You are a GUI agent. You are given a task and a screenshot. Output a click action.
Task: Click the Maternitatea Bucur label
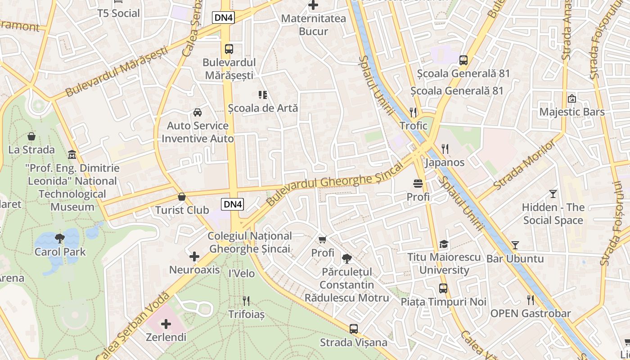point(313,25)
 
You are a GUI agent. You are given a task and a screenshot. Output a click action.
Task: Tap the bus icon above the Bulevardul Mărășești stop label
point(229,49)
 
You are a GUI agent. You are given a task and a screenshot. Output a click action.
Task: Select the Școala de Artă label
point(263,108)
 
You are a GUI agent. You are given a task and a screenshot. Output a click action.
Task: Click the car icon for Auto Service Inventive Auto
point(198,112)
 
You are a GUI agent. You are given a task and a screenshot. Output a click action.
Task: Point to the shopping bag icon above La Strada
point(31,136)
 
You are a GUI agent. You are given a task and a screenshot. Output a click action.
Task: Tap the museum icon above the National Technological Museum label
point(72,155)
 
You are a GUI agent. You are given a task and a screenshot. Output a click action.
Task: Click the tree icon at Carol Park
point(59,238)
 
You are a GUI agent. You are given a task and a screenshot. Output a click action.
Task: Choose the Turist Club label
point(182,210)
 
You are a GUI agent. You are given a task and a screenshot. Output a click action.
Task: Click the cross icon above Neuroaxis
point(194,256)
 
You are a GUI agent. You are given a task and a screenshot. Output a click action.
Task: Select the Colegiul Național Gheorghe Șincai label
point(250,242)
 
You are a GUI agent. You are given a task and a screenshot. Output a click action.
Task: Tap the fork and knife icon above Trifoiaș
point(246,301)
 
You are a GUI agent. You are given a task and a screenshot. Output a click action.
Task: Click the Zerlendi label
point(166,337)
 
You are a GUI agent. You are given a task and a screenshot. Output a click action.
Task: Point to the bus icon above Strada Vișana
point(354,329)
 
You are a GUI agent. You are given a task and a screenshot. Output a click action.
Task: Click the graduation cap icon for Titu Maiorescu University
point(444,244)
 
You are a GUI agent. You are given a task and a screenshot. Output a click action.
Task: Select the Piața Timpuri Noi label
point(443,302)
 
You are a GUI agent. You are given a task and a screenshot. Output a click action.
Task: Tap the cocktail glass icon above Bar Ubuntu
point(515,245)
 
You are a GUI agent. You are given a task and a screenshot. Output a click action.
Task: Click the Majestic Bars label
point(572,112)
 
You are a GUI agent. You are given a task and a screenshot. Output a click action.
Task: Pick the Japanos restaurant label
point(445,162)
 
